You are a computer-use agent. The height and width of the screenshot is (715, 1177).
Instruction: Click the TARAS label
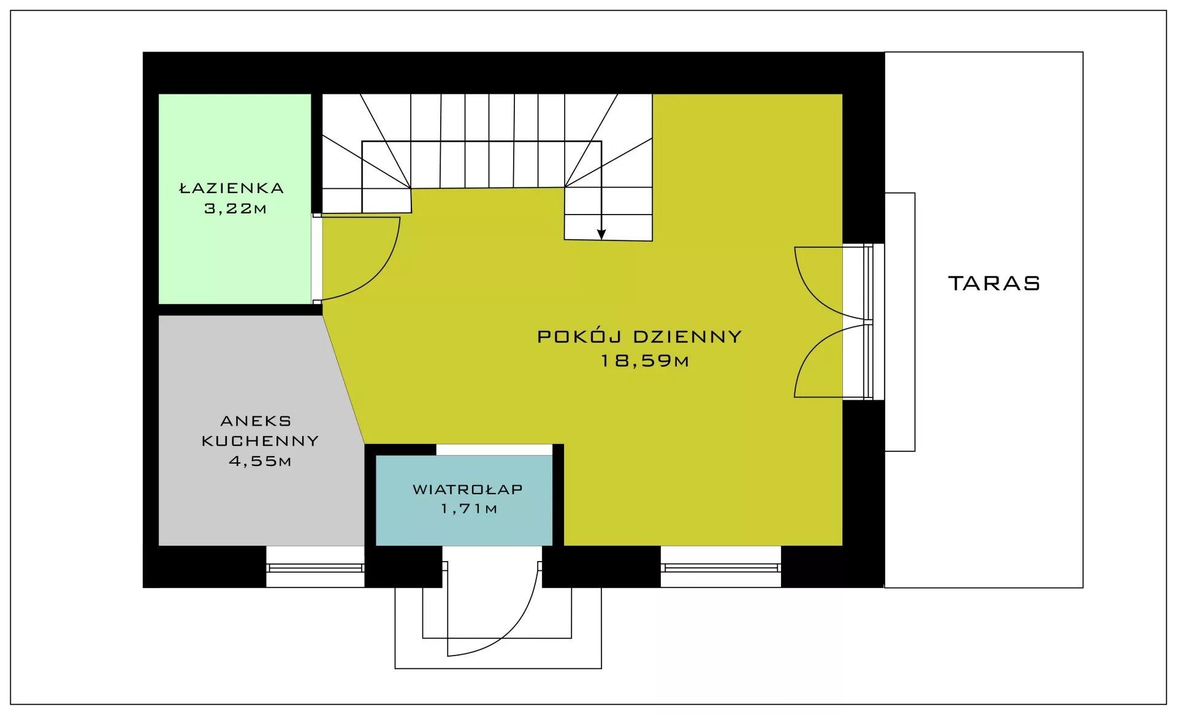tap(994, 283)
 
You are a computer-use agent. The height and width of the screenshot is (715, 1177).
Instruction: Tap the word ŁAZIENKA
tap(232, 188)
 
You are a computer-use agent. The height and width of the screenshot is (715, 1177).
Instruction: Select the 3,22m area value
tap(235, 208)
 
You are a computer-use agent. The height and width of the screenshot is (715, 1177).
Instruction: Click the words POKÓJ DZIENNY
tap(639, 336)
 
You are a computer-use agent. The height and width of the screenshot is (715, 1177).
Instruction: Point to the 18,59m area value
tap(645, 361)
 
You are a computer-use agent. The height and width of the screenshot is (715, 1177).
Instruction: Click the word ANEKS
tap(256, 421)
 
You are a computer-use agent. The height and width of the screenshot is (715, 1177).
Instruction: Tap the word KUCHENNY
tap(260, 441)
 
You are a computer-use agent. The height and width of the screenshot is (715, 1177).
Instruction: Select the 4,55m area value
tap(260, 461)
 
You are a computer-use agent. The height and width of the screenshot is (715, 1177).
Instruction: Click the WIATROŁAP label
tap(468, 489)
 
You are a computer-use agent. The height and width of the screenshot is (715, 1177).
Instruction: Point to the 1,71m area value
tap(469, 508)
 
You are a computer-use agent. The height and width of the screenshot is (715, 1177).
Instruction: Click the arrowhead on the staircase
tap(601, 234)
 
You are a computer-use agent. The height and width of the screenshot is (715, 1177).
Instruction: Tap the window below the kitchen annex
tap(315, 568)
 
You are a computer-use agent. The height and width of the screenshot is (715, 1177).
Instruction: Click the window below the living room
tap(721, 568)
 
